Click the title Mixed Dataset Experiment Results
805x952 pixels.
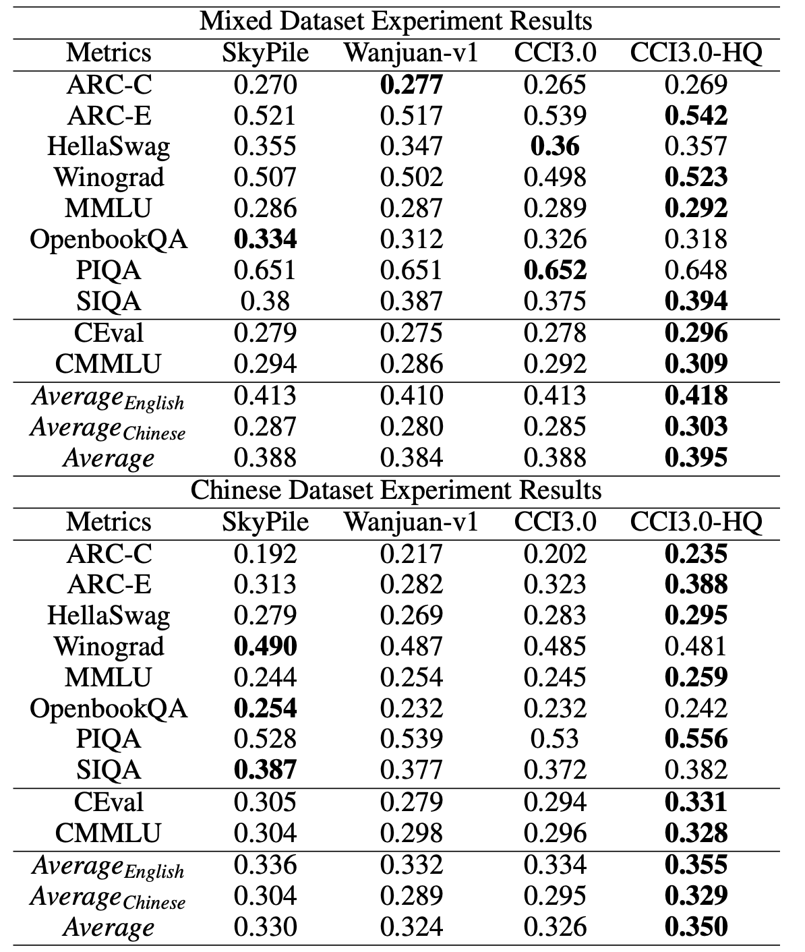[x=396, y=21]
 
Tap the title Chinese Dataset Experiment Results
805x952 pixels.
[x=396, y=490]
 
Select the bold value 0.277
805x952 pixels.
[x=411, y=84]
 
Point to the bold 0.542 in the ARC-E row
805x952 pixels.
[x=696, y=115]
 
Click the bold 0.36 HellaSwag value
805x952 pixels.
[x=555, y=146]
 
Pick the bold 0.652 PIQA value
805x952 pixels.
[x=555, y=270]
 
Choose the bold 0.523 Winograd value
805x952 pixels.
[x=696, y=177]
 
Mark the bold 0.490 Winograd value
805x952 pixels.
[x=265, y=646]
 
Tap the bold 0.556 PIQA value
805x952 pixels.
[x=696, y=739]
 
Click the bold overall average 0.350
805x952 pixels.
[x=696, y=926]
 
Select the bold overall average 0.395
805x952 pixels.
[x=696, y=458]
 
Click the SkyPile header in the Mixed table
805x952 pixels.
[x=265, y=53]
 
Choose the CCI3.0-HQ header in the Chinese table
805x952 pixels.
[x=696, y=522]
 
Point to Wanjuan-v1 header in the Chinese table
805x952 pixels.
[x=411, y=522]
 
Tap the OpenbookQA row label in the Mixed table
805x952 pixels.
[x=109, y=239]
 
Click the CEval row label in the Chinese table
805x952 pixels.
[x=109, y=802]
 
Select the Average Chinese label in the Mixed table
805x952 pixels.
[x=108, y=428]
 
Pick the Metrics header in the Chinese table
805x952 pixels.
[x=109, y=522]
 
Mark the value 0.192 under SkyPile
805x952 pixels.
[x=265, y=554]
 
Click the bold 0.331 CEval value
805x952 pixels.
[x=696, y=802]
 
